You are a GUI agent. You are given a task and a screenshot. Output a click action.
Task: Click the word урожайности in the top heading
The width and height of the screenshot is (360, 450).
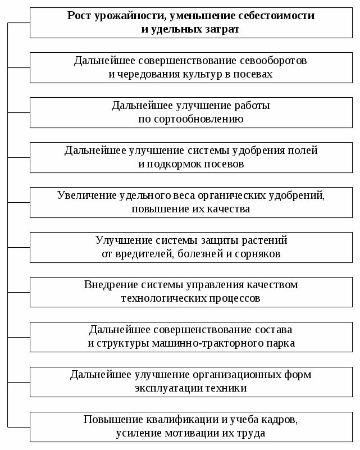129,16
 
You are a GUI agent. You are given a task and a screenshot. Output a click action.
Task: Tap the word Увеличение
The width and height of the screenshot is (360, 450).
87,195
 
